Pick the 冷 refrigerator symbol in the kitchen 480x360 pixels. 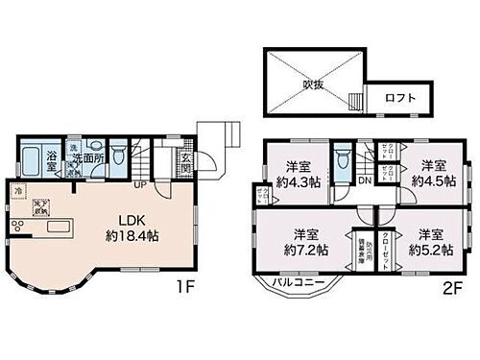[x=19, y=191]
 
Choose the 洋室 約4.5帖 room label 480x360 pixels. [x=430, y=172]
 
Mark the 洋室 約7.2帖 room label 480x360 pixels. [x=305, y=241]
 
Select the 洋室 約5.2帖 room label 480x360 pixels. [x=424, y=241]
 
